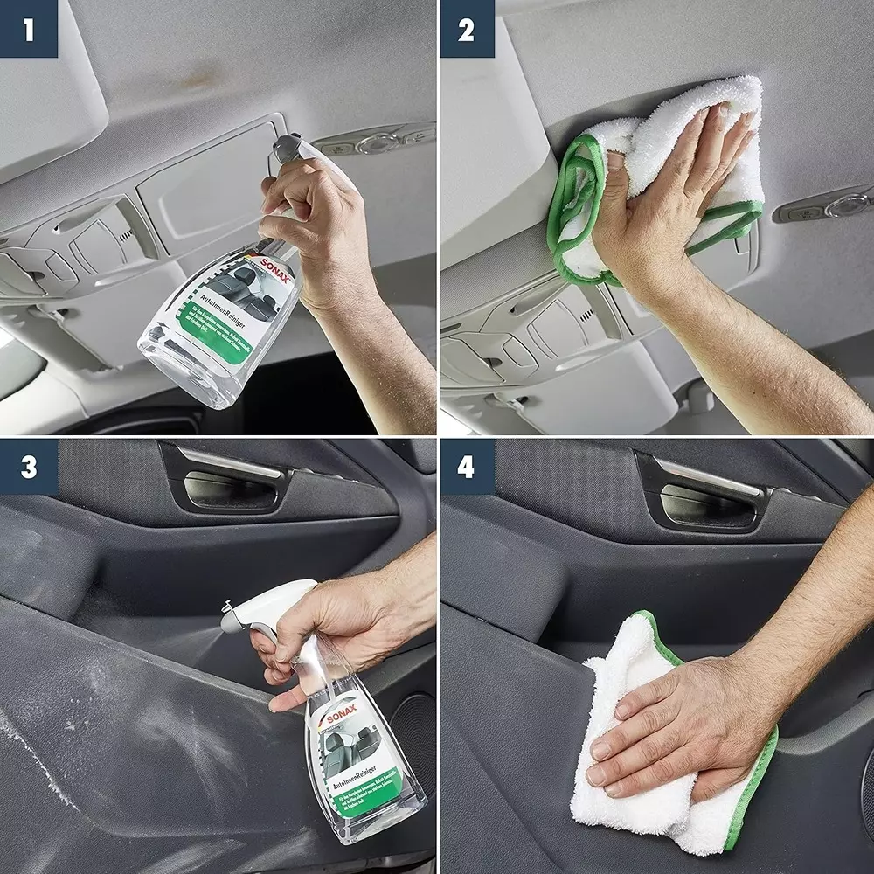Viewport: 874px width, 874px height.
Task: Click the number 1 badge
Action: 28,29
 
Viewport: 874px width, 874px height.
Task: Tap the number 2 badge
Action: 466,29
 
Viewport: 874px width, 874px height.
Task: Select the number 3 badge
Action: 28,467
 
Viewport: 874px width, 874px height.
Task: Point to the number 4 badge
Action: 466,467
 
